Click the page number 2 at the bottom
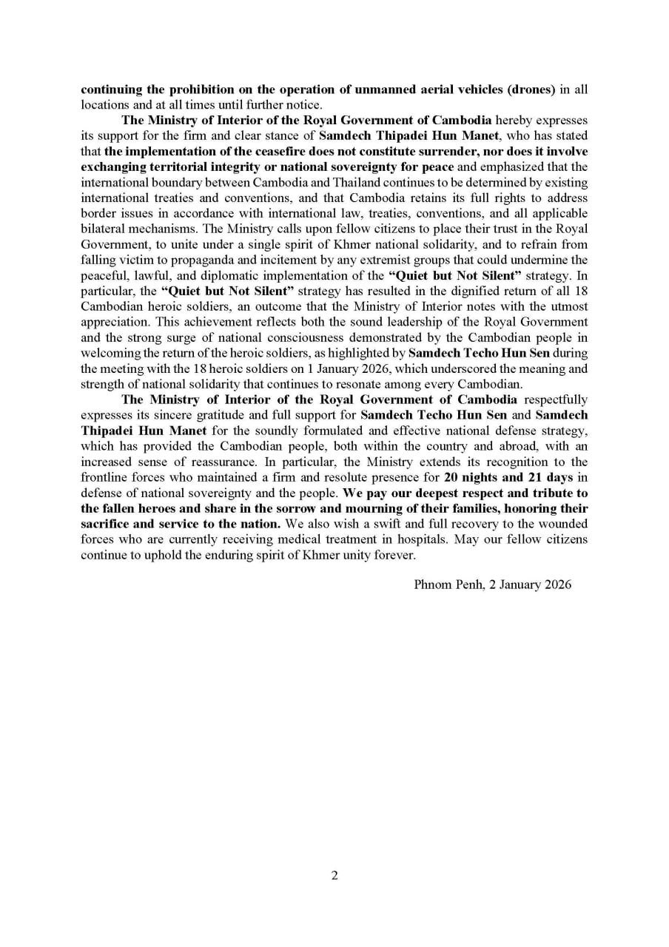(334, 875)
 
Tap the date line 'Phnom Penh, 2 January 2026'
(493, 584)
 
